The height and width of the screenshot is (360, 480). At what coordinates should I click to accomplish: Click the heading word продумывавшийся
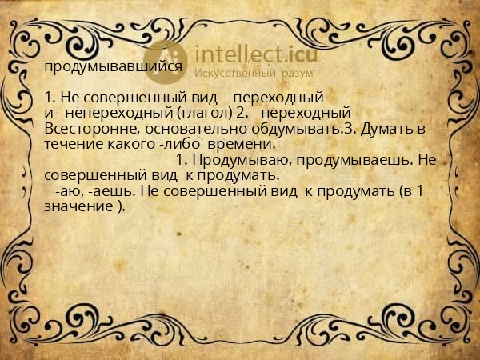(113, 67)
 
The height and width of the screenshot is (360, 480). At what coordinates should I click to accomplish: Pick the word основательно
(176, 130)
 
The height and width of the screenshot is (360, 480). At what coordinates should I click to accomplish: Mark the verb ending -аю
(68, 191)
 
